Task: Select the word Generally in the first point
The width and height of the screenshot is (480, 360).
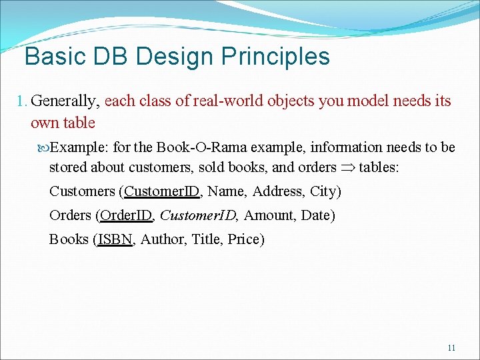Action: [x=65, y=101]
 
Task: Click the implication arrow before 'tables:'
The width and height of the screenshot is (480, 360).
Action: [x=347, y=167]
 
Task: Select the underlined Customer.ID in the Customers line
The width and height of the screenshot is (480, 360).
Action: [x=162, y=191]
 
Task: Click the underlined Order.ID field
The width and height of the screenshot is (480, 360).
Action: [x=126, y=215]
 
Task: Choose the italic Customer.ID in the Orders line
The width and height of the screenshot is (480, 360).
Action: [x=199, y=215]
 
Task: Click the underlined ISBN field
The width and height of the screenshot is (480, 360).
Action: [x=115, y=239]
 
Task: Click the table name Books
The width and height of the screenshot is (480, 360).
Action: [x=69, y=239]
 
